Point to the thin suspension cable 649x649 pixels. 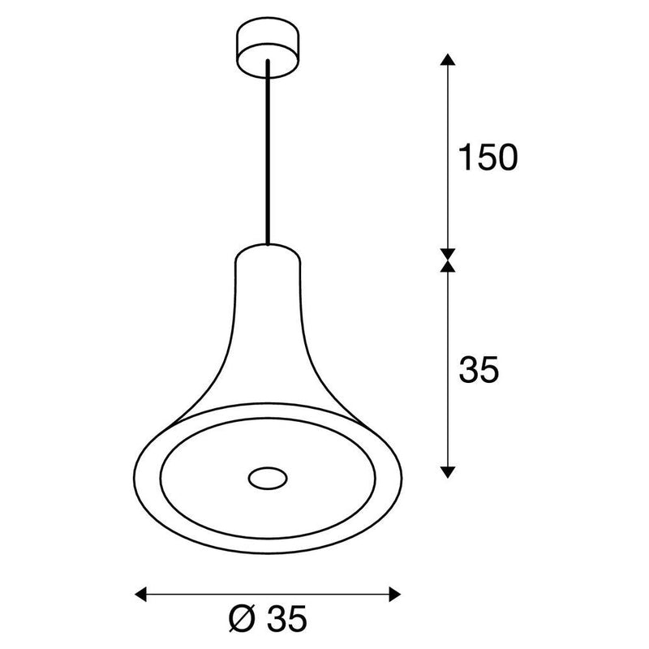(266, 154)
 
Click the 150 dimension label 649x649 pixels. (487, 158)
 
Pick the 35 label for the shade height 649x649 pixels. (479, 370)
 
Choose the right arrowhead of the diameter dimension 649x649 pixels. (394, 594)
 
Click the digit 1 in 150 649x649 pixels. (464, 158)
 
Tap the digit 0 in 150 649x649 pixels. (505, 158)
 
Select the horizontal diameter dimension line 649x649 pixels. (268, 594)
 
